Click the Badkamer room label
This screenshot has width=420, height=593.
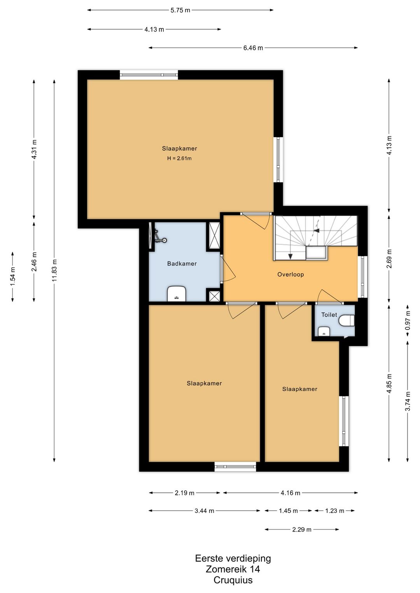tap(182, 264)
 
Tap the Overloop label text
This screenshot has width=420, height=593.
tap(290, 274)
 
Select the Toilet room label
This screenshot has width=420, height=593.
tap(329, 315)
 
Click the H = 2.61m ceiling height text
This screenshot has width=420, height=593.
tap(179, 159)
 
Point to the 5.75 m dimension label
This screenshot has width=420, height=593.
tap(180, 10)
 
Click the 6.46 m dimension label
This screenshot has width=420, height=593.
tap(253, 48)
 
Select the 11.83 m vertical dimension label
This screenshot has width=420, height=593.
tap(54, 270)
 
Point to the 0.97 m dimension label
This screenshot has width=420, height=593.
tap(408, 320)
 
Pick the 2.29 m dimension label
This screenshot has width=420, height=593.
tap(301, 529)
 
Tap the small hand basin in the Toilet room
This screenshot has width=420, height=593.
tap(324, 331)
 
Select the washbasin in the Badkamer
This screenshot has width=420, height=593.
tap(177, 294)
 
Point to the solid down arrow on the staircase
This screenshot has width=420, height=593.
tap(290, 256)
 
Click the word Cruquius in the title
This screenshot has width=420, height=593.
tap(233, 580)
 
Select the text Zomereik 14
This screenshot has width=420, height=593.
tap(233, 569)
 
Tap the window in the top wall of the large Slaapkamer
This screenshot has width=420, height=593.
tap(149, 75)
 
